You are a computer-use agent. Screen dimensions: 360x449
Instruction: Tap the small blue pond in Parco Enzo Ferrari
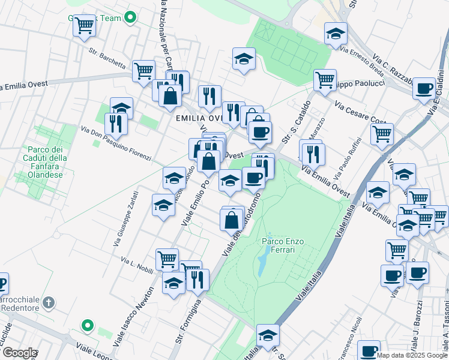click(262, 263)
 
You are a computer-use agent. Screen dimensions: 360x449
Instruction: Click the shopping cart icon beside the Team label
click(85, 25)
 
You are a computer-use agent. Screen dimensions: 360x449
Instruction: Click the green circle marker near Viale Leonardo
click(88, 326)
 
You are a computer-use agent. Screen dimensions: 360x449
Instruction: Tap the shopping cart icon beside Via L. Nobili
click(167, 259)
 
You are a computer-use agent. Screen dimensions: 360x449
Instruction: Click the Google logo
click(19, 353)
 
